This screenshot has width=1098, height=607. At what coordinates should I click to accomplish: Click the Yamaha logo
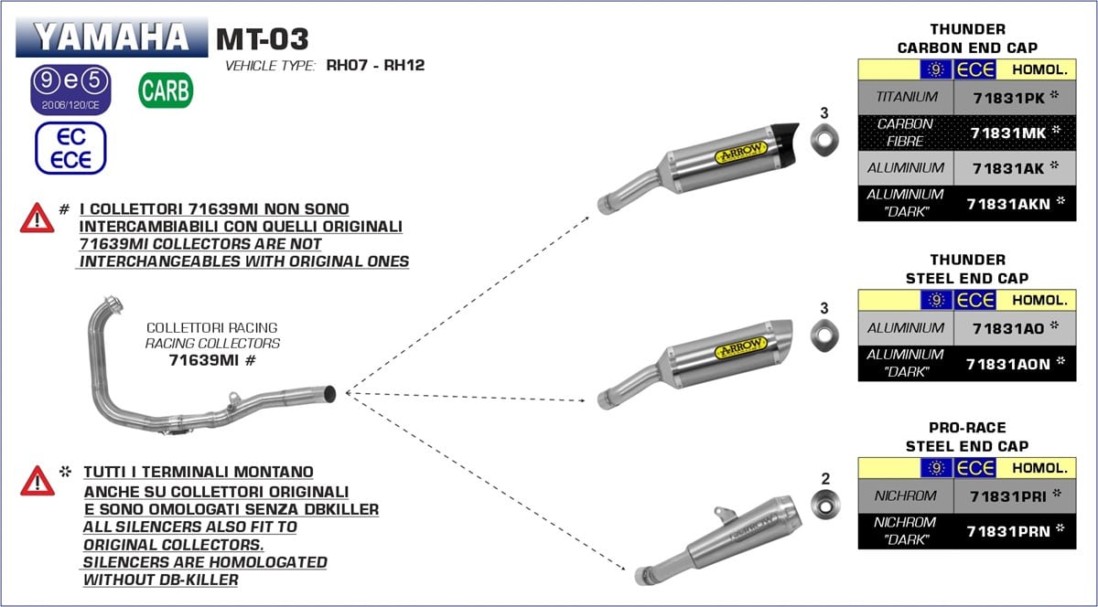112,37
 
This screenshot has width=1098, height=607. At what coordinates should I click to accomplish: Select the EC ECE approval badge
70,148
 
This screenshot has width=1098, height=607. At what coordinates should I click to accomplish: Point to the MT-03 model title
263,39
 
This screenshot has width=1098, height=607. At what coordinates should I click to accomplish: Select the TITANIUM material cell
906,97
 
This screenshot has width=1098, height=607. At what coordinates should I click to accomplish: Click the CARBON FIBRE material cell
905,133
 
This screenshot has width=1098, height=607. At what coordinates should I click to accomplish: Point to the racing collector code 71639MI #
210,360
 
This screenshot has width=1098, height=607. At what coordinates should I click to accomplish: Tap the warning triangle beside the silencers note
38,480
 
